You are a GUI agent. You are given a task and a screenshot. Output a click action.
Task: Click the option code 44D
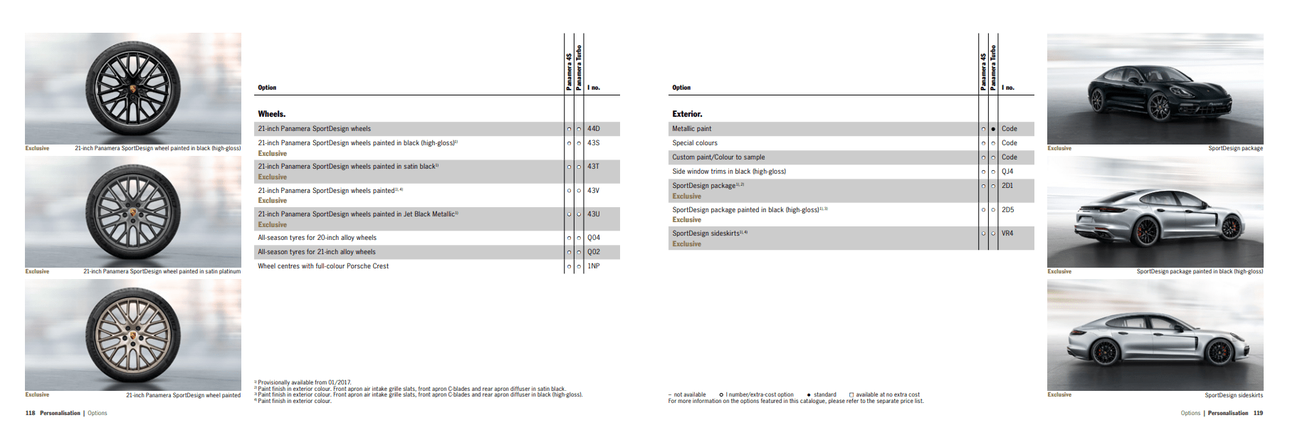(x=593, y=129)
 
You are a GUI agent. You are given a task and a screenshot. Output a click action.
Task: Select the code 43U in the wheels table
(x=593, y=214)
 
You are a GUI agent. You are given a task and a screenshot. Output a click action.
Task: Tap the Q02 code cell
(x=593, y=252)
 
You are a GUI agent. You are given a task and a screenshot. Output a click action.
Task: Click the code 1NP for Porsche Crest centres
(x=593, y=266)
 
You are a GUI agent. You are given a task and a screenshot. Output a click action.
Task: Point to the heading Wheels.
(x=271, y=114)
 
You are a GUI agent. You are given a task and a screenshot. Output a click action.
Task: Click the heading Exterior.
(x=687, y=114)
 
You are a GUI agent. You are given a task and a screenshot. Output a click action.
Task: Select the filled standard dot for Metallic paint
(x=993, y=130)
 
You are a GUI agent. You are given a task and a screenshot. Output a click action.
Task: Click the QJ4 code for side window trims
(x=1007, y=172)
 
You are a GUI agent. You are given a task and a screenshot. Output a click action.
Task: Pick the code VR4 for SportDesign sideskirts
(x=1007, y=234)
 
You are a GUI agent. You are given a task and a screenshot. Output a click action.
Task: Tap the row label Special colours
(x=695, y=143)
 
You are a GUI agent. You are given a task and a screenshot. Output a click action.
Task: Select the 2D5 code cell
(x=1007, y=210)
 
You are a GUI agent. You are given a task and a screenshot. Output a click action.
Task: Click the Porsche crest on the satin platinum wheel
(x=133, y=212)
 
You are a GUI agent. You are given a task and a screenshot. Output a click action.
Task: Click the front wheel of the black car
(x=1160, y=108)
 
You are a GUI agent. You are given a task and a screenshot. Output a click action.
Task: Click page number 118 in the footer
(x=30, y=413)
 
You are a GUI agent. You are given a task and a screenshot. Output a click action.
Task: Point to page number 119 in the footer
(x=1258, y=413)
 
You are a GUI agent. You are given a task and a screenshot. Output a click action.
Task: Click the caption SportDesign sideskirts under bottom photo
(x=1233, y=395)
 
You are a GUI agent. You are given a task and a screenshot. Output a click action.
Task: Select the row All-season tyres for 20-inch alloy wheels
(x=317, y=238)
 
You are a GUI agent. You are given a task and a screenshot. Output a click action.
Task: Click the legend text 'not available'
(x=689, y=394)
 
